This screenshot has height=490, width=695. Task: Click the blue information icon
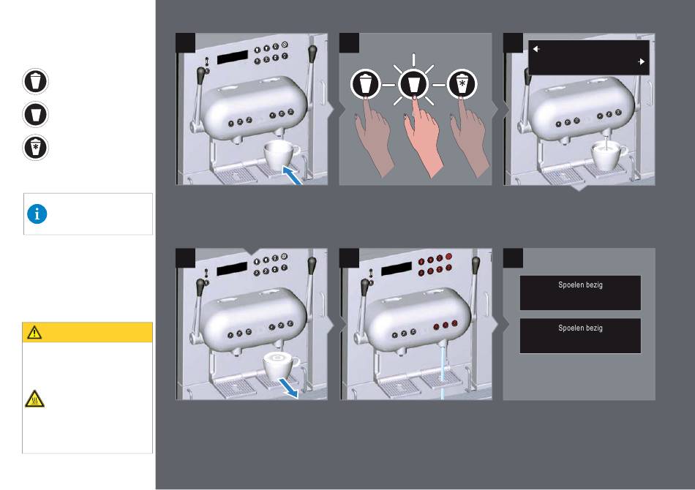pos(37,214)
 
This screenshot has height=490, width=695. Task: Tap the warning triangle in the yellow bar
pos(34,332)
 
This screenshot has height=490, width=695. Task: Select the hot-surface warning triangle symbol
pos(34,399)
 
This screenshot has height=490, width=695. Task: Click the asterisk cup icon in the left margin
pos(35,148)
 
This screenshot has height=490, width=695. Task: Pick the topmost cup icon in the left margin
pos(35,81)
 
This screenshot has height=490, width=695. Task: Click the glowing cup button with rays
pos(413,83)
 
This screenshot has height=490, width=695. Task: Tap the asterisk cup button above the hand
pos(462,83)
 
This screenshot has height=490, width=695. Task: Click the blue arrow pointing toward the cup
pos(293,176)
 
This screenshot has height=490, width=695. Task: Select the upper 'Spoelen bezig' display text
pos(580,285)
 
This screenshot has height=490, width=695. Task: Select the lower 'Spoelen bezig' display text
pos(580,328)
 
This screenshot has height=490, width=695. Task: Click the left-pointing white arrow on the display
pos(536,49)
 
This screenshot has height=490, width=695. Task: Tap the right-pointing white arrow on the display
pos(641,61)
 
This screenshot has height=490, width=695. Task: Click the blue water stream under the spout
pos(443,372)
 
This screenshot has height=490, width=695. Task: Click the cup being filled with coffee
pos(609,156)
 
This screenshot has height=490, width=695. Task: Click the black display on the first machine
pos(232,57)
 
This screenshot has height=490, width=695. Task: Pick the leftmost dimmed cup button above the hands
pos(365,83)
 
